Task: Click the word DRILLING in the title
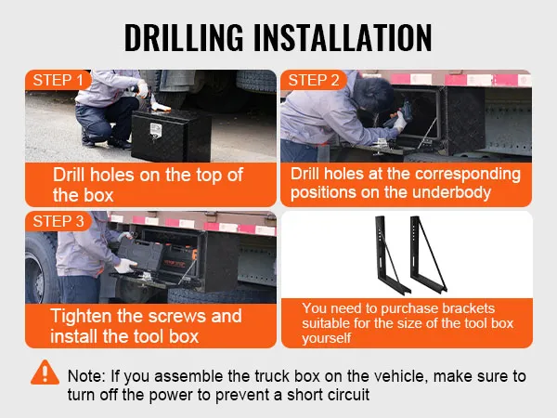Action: coord(184,37)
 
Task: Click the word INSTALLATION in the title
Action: coord(343,37)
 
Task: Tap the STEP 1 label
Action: coord(58,80)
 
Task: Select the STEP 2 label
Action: coord(314,80)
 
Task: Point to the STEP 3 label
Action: coord(58,221)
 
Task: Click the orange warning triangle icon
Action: coord(45,372)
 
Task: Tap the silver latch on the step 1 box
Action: coord(156,131)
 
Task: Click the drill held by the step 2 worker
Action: coord(397,114)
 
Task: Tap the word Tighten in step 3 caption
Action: coord(81,316)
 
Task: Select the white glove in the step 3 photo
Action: coord(125,266)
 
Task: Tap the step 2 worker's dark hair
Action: coord(373,92)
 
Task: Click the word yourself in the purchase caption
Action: coord(327,338)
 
